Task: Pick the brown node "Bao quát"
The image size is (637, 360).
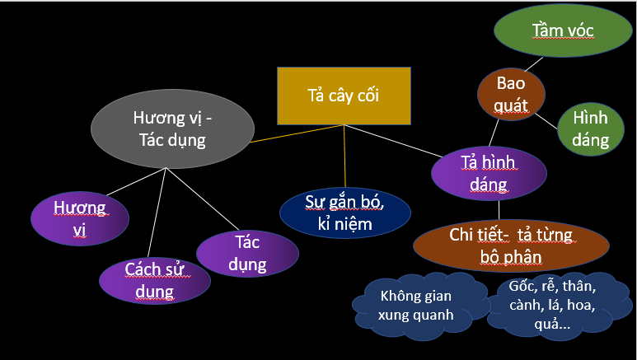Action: pyautogui.click(x=513, y=95)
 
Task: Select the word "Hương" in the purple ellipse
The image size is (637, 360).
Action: pyautogui.click(x=79, y=207)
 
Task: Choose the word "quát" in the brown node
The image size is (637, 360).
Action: pyautogui.click(x=513, y=106)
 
